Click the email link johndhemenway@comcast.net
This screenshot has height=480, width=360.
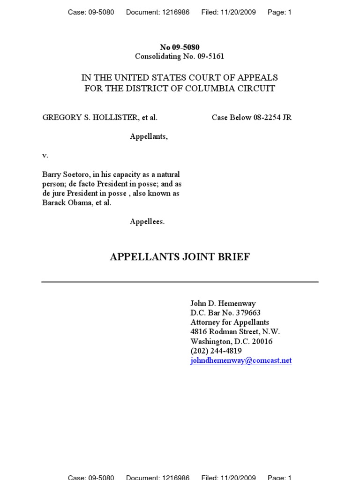(x=241, y=360)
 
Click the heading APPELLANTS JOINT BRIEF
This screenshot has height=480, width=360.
(x=180, y=257)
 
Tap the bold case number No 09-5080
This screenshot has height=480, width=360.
(x=180, y=47)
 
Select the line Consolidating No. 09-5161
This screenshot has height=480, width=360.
(x=180, y=57)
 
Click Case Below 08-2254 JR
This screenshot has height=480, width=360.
(x=251, y=118)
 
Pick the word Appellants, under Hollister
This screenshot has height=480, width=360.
(x=149, y=136)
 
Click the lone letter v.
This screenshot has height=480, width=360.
(x=45, y=155)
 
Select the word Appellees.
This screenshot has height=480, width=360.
(x=147, y=222)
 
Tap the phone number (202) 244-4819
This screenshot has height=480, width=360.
(x=216, y=351)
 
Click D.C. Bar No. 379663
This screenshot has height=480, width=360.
(x=225, y=313)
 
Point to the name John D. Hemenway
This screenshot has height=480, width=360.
(x=223, y=303)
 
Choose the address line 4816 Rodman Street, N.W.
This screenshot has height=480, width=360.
(x=235, y=332)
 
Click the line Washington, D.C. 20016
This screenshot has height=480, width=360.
(x=231, y=341)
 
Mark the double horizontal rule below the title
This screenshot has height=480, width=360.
(x=180, y=282)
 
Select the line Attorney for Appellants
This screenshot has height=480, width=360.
(x=230, y=322)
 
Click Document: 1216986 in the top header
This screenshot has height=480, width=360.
(x=157, y=12)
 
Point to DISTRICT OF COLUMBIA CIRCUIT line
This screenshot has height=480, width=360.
(x=180, y=89)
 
